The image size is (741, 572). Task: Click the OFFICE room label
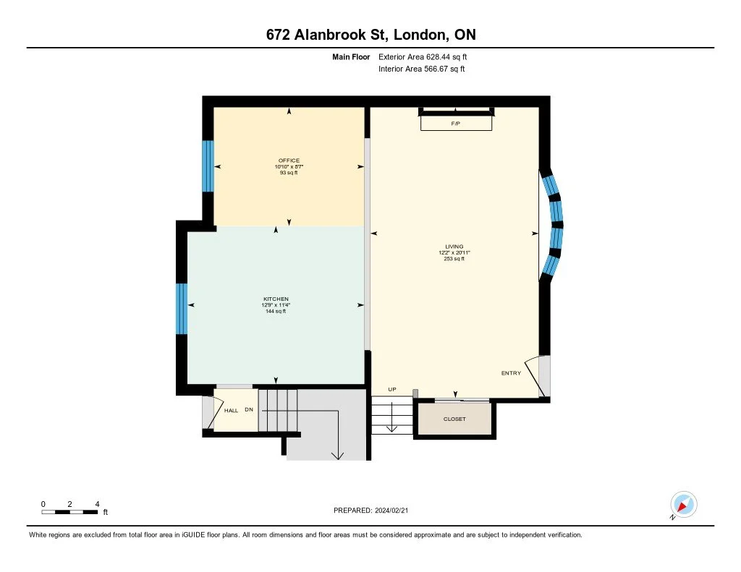(x=289, y=161)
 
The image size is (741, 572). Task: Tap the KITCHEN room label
(x=276, y=299)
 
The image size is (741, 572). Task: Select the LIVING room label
(x=454, y=247)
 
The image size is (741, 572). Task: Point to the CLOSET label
(x=454, y=419)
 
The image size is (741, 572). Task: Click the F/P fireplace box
(x=456, y=123)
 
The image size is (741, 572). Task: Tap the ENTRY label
(x=512, y=373)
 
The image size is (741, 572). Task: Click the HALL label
(x=231, y=411)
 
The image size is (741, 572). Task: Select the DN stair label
(x=249, y=409)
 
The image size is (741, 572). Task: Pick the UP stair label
(x=392, y=389)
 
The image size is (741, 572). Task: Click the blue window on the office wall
(x=208, y=166)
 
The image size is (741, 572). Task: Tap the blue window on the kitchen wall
(x=182, y=309)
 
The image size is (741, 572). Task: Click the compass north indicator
(x=683, y=505)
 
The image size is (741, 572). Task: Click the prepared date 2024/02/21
(x=391, y=510)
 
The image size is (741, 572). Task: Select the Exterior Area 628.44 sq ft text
(x=423, y=56)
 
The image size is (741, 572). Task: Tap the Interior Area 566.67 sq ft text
(x=422, y=69)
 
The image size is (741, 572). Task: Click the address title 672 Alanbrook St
(x=326, y=35)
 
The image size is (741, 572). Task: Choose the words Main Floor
(x=351, y=56)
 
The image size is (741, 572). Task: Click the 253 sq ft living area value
(x=454, y=259)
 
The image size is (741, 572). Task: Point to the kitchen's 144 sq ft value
(x=276, y=311)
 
